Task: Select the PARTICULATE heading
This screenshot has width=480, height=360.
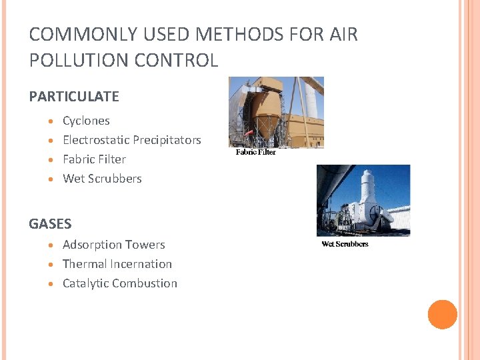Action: (x=74, y=97)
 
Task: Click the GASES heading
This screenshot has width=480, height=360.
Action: (x=50, y=224)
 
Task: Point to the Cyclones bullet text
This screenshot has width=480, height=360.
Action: (x=86, y=121)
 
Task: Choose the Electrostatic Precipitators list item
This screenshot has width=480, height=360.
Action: (x=131, y=140)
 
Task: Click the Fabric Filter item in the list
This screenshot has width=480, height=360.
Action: (x=94, y=159)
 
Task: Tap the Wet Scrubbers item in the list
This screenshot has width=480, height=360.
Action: (x=102, y=179)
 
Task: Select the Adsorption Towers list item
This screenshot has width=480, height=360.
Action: (x=113, y=245)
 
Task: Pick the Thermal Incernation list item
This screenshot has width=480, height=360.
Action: (x=117, y=264)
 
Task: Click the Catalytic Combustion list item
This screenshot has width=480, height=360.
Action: (x=119, y=283)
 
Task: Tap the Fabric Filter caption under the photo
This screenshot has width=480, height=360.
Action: (x=255, y=152)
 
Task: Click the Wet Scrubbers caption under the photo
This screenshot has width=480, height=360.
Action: (x=345, y=244)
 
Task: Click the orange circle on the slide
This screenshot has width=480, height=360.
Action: (x=442, y=315)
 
